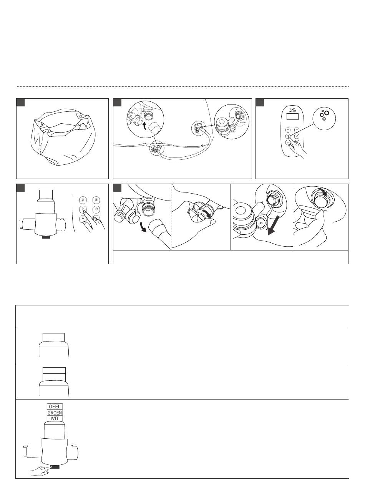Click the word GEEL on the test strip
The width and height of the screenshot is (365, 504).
pyautogui.click(x=55, y=407)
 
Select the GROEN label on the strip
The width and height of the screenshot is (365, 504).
pyautogui.click(x=55, y=413)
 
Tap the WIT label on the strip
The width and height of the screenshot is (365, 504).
pyautogui.click(x=55, y=419)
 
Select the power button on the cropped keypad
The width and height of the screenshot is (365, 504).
pyautogui.click(x=96, y=210)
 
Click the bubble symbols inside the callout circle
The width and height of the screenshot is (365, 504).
pyautogui.click(x=324, y=114)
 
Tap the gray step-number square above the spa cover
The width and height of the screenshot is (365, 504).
pyautogui.click(x=20, y=103)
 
